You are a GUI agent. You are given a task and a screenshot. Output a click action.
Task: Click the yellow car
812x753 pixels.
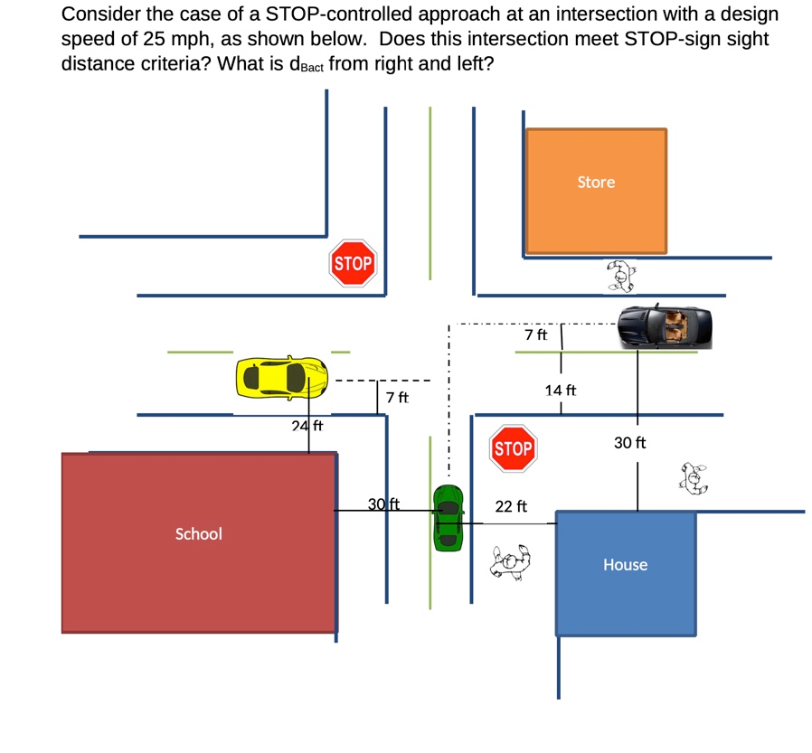point(281,377)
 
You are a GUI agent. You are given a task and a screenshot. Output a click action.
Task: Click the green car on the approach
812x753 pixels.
point(448,518)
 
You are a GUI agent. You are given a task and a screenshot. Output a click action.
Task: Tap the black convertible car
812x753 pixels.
point(666,327)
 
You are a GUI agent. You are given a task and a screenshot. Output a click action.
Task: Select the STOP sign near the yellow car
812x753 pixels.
point(353,263)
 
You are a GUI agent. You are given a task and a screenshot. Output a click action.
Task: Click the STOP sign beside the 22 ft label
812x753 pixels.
point(514,449)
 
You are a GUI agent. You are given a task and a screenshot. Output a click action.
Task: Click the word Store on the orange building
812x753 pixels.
point(596,183)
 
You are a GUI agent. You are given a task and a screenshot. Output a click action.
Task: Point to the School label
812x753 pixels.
point(198,534)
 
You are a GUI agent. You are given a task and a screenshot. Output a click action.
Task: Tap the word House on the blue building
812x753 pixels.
point(625,565)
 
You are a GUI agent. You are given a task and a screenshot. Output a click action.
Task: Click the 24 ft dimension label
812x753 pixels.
point(307,426)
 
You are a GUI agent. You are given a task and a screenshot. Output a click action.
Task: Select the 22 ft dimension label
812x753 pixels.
point(511,507)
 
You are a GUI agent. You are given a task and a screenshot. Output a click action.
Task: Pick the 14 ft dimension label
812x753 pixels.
point(560,391)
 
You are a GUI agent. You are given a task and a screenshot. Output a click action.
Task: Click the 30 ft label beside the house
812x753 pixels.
point(630,443)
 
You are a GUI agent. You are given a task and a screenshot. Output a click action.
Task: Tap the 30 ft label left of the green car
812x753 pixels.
point(384,504)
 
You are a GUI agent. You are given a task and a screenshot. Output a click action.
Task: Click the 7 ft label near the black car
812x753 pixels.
point(535,335)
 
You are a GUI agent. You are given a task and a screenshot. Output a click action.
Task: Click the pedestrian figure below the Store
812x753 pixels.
point(620,276)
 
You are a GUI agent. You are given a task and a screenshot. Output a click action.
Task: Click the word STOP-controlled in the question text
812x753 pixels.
point(326,15)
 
